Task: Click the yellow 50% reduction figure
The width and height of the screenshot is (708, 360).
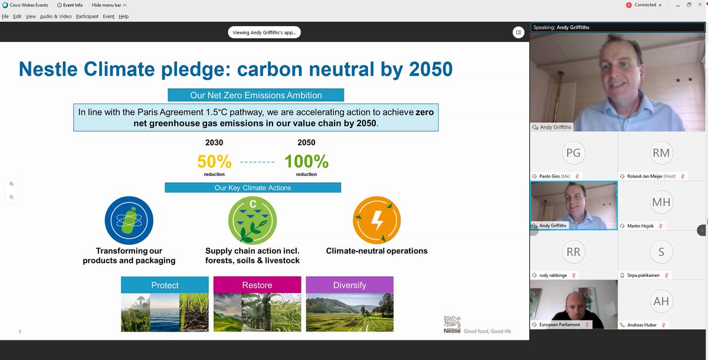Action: pyautogui.click(x=214, y=161)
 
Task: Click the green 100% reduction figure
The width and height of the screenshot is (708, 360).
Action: pyautogui.click(x=306, y=161)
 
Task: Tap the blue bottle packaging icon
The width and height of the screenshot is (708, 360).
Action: pyautogui.click(x=129, y=221)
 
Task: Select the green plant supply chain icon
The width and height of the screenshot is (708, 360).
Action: pyautogui.click(x=253, y=221)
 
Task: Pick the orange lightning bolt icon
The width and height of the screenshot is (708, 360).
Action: pyautogui.click(x=377, y=221)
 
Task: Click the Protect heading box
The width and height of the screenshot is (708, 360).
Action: pyautogui.click(x=165, y=285)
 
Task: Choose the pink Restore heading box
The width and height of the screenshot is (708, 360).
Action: pyautogui.click(x=257, y=285)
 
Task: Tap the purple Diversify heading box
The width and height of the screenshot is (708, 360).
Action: pyautogui.click(x=349, y=285)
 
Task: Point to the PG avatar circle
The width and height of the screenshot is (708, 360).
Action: pyautogui.click(x=573, y=152)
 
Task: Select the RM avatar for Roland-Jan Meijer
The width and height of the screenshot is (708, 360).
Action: pyautogui.click(x=661, y=152)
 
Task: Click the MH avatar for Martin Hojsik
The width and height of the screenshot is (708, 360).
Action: pyautogui.click(x=661, y=202)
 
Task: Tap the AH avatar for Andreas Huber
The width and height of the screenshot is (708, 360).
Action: pyautogui.click(x=661, y=301)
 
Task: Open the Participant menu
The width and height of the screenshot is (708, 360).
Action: pyautogui.click(x=87, y=17)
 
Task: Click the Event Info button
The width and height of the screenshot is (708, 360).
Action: pyautogui.click(x=70, y=5)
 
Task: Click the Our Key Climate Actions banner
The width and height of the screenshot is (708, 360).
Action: pyautogui.click(x=253, y=188)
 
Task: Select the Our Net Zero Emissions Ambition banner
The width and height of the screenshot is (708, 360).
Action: pyautogui.click(x=255, y=95)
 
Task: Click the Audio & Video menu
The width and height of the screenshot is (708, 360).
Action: pyautogui.click(x=56, y=17)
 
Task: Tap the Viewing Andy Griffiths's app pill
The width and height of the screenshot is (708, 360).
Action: pyautogui.click(x=265, y=32)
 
